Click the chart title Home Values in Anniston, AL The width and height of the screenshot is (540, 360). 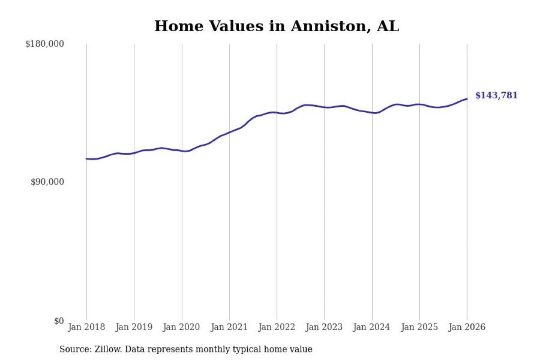276,26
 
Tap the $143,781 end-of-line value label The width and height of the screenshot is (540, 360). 496,96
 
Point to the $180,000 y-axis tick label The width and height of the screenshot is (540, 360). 45,44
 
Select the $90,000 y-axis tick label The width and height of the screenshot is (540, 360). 47,182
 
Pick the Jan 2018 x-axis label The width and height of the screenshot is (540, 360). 86,328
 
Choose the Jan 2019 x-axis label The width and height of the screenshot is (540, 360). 134,328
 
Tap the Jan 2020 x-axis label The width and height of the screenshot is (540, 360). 182,328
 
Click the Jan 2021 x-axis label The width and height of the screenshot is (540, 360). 229,328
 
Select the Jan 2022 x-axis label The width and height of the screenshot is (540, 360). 277,328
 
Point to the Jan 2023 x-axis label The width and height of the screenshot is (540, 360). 324,328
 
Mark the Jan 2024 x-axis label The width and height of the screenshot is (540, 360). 372,328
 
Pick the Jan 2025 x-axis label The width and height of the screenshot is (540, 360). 419,328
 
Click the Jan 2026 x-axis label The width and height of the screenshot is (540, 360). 467,328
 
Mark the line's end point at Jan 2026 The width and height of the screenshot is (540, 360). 467,99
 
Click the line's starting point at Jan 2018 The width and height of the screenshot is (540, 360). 86,159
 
